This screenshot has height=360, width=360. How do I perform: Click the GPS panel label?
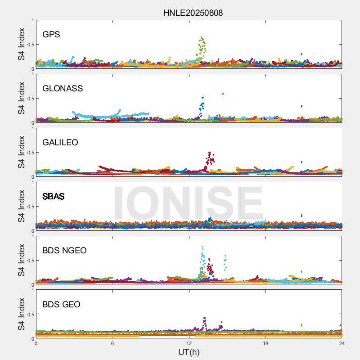tap(51, 35)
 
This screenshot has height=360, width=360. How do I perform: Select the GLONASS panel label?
tap(63, 89)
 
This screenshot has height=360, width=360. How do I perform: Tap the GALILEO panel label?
tap(60, 143)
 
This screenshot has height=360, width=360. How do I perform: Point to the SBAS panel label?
tap(54, 197)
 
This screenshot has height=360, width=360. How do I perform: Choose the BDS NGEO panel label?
tap(64, 251)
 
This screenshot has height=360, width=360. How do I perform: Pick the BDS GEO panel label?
tap(61, 305)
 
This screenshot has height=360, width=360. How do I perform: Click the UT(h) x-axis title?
tap(189, 352)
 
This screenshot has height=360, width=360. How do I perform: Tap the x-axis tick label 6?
tap(112, 343)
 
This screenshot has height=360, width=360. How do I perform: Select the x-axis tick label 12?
tap(189, 343)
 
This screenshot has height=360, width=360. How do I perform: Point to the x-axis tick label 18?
tap(265, 343)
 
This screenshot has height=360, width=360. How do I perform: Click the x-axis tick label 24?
tap(342, 343)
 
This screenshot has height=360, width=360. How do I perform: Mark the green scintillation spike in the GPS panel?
tap(202, 45)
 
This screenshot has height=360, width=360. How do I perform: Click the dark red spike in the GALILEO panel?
tap(209, 157)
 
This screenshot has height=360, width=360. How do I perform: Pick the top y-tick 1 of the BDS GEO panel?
tap(32, 290)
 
